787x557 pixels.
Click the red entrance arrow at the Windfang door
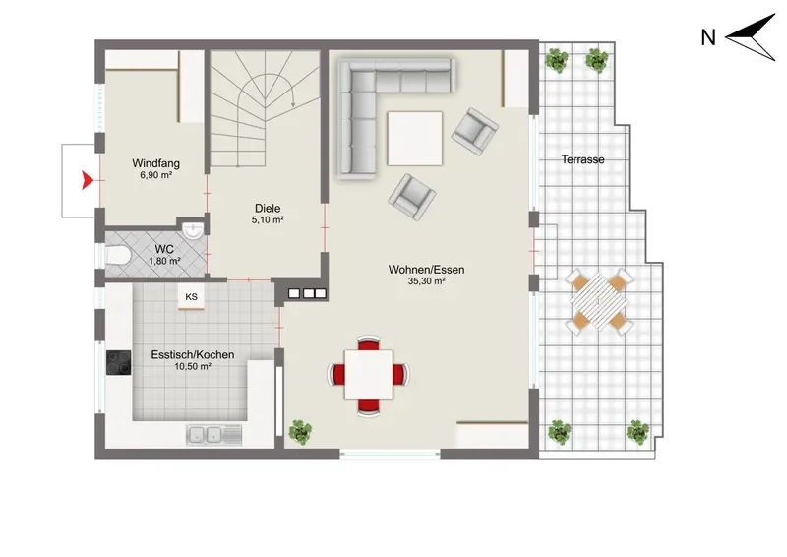(88, 180)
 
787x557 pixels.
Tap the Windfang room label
(156, 163)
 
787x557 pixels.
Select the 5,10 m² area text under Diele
(268, 220)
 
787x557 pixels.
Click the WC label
(164, 249)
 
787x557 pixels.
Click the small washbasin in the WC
(193, 230)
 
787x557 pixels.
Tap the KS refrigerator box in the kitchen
(191, 297)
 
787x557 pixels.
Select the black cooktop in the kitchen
(118, 362)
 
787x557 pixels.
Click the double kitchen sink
(214, 435)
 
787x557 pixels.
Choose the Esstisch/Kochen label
(193, 354)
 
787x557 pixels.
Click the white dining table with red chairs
(368, 375)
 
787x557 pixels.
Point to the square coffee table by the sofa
(415, 138)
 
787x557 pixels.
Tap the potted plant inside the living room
(300, 432)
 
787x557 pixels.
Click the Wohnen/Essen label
(427, 270)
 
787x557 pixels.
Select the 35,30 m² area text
(427, 281)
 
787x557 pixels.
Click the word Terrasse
(582, 159)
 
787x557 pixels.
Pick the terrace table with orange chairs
(599, 301)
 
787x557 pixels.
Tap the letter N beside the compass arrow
(708, 37)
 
